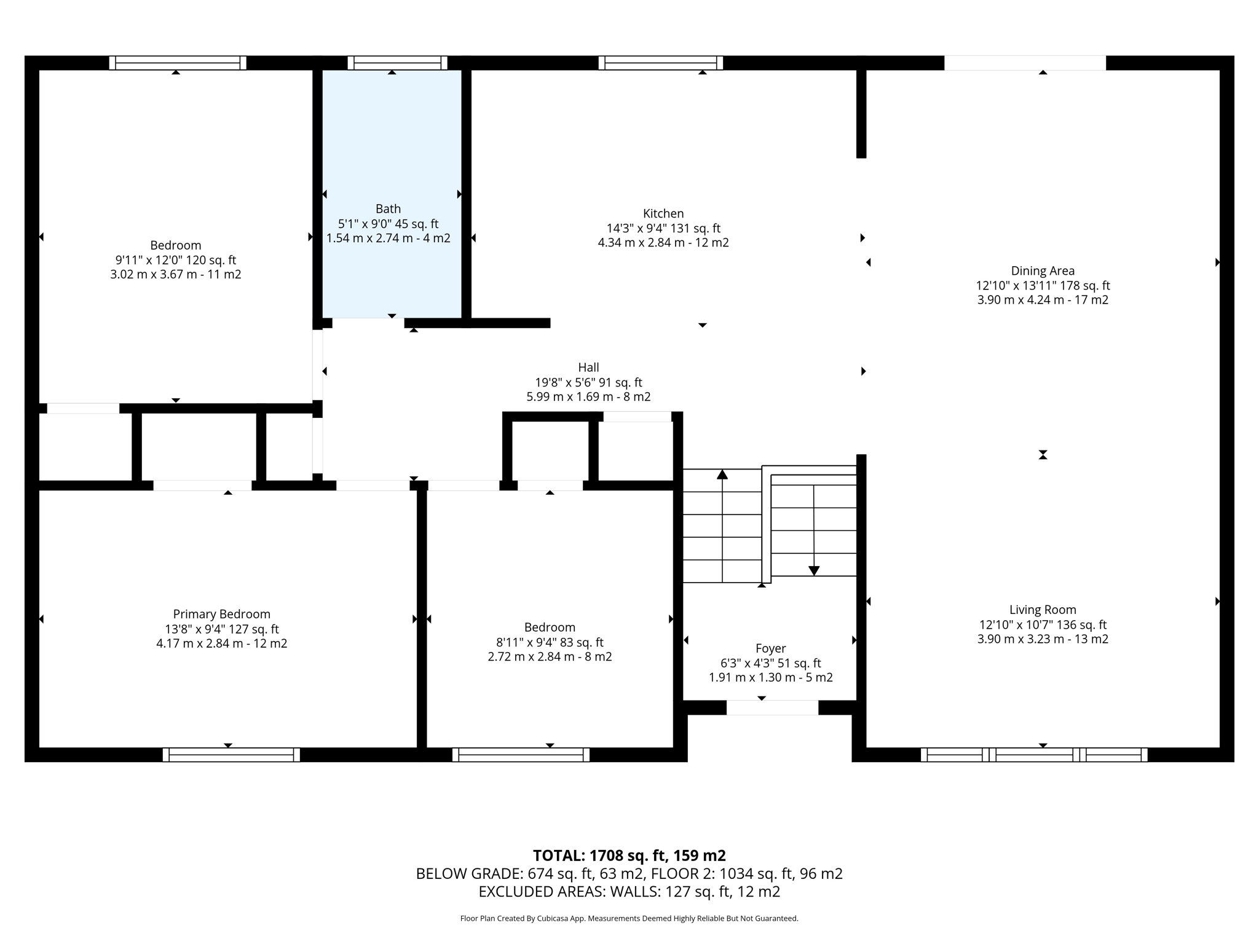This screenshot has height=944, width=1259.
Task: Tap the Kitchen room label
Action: (x=663, y=214)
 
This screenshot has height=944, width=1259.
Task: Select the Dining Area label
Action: (x=1043, y=271)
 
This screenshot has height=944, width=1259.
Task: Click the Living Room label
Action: (x=1043, y=610)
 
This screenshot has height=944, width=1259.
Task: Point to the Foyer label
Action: (x=770, y=648)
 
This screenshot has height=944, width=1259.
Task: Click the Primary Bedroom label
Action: (x=221, y=614)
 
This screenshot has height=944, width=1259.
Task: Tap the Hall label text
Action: (x=588, y=368)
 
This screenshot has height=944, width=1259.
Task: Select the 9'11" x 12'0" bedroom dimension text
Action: (x=175, y=260)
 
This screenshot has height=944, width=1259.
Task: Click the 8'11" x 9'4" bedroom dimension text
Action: (x=550, y=642)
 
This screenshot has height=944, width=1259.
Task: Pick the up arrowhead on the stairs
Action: (x=722, y=474)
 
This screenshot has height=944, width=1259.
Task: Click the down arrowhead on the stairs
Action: (x=814, y=570)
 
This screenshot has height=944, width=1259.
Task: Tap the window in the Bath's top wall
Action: (x=398, y=63)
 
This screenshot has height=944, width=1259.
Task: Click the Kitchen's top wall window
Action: (x=660, y=63)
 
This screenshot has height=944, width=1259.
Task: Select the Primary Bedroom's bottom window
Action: (x=231, y=754)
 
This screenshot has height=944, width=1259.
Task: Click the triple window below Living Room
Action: (x=1034, y=754)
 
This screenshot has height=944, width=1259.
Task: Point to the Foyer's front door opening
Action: (x=772, y=707)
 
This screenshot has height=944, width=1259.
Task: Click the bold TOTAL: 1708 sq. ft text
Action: (x=629, y=855)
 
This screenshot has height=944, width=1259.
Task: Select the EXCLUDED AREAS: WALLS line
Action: (x=629, y=891)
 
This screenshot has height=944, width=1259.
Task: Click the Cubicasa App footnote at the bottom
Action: (x=629, y=918)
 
